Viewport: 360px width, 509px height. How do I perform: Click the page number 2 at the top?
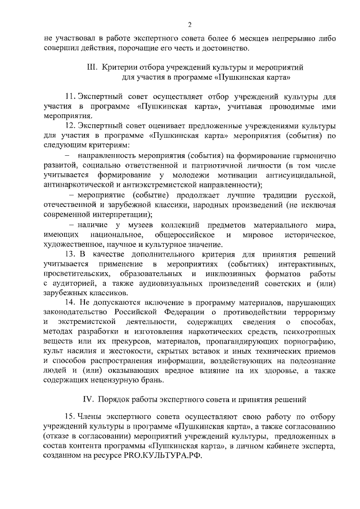[190, 24]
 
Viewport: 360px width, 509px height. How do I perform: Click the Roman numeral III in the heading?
[91, 67]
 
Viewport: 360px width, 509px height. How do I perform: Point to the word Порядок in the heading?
[115, 399]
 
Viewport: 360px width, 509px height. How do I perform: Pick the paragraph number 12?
[70, 124]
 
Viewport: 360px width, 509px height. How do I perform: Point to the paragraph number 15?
[70, 417]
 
